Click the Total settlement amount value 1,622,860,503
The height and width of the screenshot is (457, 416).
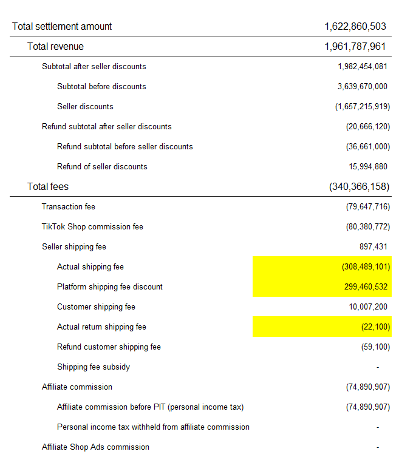point(355,27)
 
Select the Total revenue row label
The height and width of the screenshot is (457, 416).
point(55,47)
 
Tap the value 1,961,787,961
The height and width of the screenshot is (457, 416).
point(355,47)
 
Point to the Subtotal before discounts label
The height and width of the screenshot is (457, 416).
point(101,86)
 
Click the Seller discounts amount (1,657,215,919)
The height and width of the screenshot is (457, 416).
point(362,106)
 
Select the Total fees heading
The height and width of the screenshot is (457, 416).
point(48,186)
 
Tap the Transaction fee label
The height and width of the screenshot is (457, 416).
point(69,206)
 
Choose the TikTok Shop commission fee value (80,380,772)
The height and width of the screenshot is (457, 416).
point(367,226)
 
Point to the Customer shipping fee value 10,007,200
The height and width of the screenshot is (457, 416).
point(367,306)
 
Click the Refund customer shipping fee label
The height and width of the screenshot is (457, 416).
point(109,347)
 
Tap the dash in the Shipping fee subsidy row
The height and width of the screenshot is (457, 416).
point(378,367)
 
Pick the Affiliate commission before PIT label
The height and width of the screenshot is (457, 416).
point(150,407)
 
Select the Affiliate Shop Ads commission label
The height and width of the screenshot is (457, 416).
point(95,447)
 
